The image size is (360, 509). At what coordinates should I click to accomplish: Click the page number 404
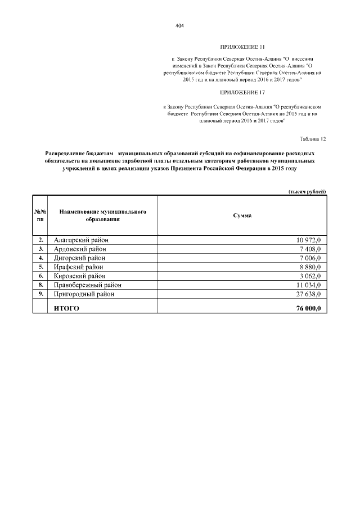pyautogui.click(x=180, y=26)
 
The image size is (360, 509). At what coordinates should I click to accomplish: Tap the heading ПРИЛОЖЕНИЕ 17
pyautogui.click(x=242, y=92)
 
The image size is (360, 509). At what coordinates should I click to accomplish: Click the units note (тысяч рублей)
pyautogui.click(x=307, y=192)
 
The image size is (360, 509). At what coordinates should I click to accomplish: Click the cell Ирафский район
pyautogui.click(x=79, y=267)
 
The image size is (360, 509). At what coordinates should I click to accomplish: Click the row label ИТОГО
pyautogui.click(x=66, y=308)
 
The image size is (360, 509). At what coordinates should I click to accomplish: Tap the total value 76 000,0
pyautogui.click(x=308, y=308)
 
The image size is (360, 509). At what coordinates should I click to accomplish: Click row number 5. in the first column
pyautogui.click(x=40, y=267)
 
